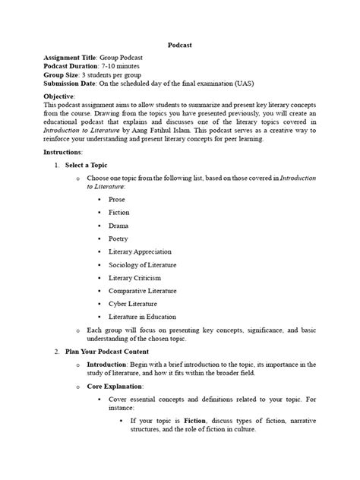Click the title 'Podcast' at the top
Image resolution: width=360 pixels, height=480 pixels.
[179, 46]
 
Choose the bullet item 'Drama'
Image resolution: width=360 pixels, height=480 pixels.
[118, 226]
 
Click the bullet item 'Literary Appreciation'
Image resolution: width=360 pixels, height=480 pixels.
[140, 251]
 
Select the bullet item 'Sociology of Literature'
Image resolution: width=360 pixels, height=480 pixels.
[142, 264]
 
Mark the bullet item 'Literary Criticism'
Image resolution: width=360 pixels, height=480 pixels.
[135, 278]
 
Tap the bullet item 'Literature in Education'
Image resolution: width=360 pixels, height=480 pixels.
[142, 317]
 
